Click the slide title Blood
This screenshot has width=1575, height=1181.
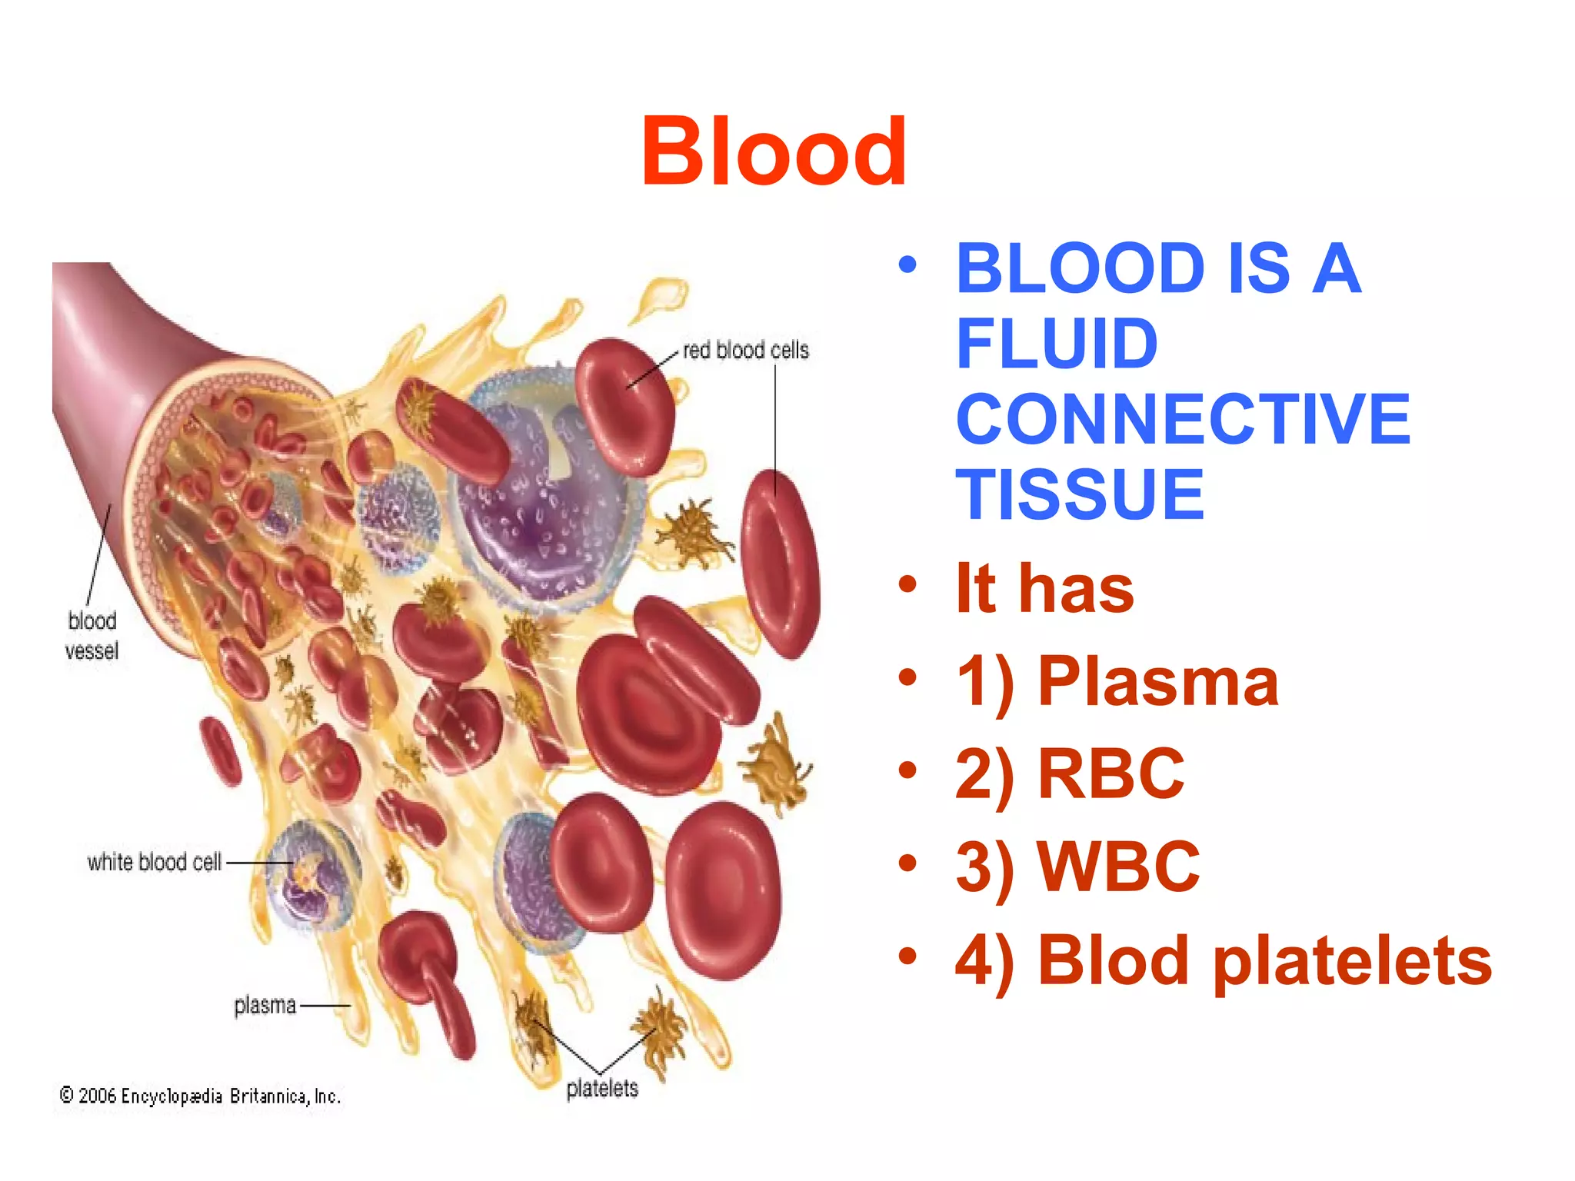774,152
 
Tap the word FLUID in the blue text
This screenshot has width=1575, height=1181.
1057,344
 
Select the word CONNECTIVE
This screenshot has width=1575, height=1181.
1183,419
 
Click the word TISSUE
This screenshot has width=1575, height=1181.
1080,494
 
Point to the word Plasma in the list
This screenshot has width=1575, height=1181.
1158,682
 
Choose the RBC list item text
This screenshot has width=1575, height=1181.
1110,774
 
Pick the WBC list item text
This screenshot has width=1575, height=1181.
1118,867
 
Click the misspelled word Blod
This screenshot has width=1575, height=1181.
1114,961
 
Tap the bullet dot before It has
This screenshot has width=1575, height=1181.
907,584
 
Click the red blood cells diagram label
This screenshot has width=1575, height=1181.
745,351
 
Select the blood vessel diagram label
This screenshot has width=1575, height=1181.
92,635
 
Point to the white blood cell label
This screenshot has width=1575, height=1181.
154,862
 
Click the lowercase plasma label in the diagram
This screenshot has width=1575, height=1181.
265,1005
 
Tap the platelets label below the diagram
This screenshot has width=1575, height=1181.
602,1089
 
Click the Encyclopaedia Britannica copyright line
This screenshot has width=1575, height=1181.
200,1096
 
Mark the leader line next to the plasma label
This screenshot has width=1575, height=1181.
325,1006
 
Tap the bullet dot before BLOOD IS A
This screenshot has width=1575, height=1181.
907,265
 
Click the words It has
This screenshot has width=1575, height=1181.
1044,589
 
